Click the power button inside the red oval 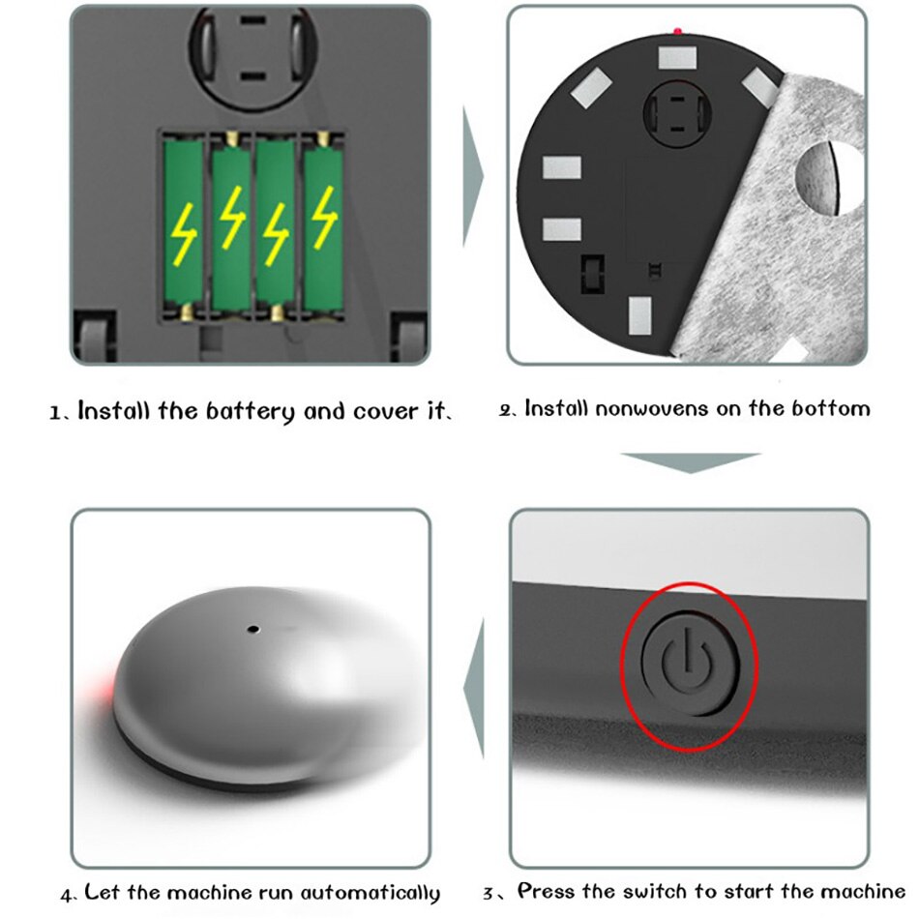(689, 666)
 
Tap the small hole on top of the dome (253, 629)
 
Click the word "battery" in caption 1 (251, 411)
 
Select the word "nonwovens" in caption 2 (652, 408)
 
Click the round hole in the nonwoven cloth (827, 178)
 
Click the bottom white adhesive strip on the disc (641, 315)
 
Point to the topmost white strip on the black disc (678, 57)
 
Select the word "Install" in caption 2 (556, 408)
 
